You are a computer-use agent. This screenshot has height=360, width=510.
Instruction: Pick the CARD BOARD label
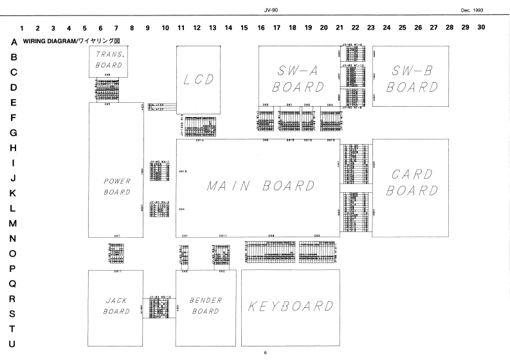coord(410,183)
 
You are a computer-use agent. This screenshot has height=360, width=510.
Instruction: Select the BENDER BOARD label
coord(206,306)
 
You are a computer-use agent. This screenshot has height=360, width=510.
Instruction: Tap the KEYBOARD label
coord(290,306)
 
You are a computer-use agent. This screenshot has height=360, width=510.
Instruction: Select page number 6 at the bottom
coord(264,352)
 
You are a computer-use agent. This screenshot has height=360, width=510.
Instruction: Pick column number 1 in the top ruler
coord(23,28)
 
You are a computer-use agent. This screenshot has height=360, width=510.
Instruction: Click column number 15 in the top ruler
coord(244,28)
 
